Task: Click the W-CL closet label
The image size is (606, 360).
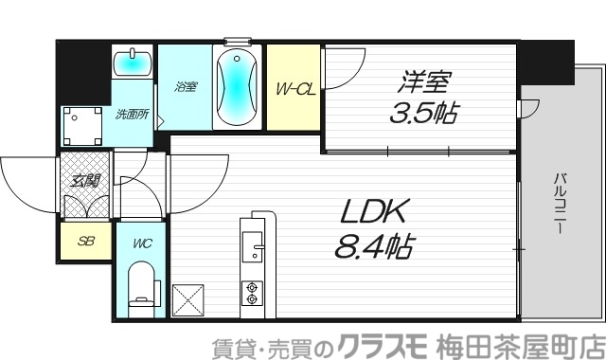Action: tap(294, 90)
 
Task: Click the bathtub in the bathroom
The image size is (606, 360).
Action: tap(235, 89)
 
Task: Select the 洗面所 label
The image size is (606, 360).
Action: tap(131, 115)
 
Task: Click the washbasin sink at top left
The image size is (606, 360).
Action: tap(132, 64)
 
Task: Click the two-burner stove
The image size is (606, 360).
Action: tap(254, 293)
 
